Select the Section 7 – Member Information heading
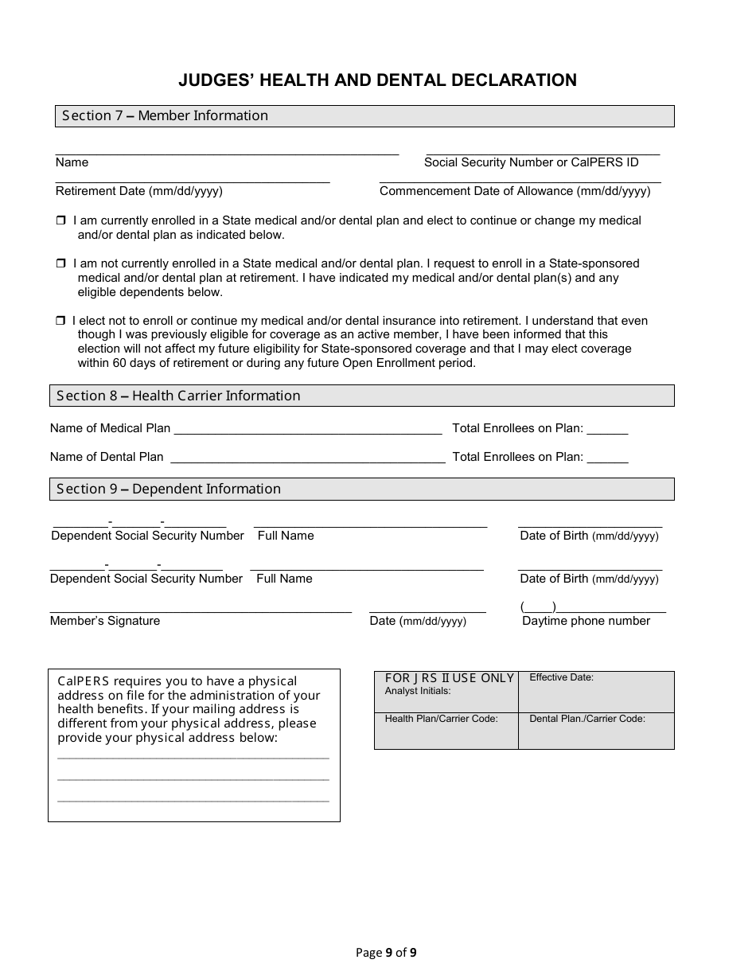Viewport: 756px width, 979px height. [x=166, y=116]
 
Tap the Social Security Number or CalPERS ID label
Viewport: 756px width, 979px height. [x=531, y=162]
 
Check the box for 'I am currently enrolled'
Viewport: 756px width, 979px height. [x=60, y=220]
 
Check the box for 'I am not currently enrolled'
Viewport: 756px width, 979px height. [x=60, y=263]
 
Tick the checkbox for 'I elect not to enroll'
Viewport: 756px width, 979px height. [x=60, y=321]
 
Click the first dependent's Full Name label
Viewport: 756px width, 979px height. [x=286, y=536]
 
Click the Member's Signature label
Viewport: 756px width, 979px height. [x=105, y=621]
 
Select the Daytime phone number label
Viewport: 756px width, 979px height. [x=586, y=621]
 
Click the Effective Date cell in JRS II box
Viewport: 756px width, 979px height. [x=595, y=691]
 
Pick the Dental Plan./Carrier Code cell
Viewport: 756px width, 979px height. [x=595, y=731]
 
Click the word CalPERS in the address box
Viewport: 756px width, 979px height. [x=82, y=681]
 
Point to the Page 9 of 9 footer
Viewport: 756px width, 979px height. [x=386, y=952]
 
